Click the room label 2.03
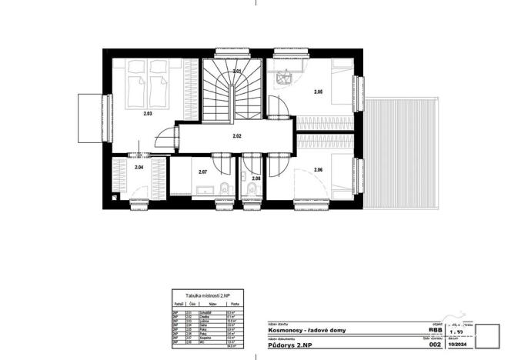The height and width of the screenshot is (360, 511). tap(147, 113)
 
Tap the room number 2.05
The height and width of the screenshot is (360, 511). tap(318, 92)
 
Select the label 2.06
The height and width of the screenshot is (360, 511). tap(318, 169)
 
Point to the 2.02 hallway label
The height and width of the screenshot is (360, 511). tap(238, 135)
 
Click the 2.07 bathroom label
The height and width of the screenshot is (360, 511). tap(202, 172)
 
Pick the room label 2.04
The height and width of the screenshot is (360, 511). tap(139, 167)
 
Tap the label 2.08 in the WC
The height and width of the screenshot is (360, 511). tap(256, 178)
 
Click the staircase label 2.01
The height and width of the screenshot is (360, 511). tap(238, 72)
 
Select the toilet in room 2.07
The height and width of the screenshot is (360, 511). tap(222, 189)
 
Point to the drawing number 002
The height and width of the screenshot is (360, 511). tap(434, 346)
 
